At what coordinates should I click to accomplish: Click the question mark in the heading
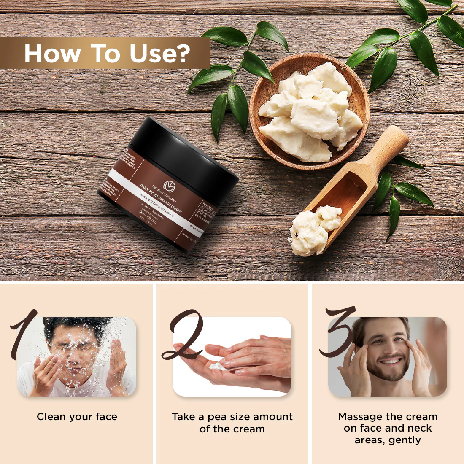pos(182,54)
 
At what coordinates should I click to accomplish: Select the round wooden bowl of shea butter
pos(310,112)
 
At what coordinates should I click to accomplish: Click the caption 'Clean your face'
pos(77,417)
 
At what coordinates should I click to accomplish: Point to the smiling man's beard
pos(388,371)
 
